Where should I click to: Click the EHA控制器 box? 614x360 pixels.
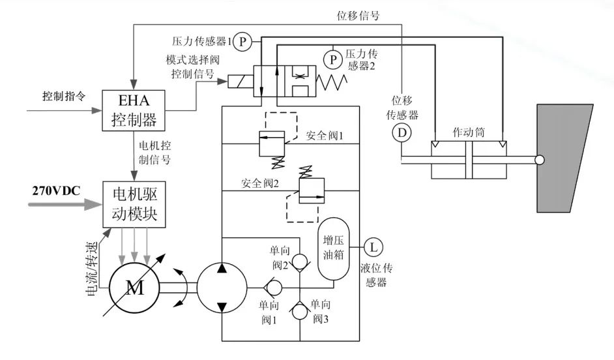click(134, 111)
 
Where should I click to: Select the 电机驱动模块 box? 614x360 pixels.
click(134, 205)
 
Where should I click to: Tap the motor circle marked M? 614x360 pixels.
click(134, 288)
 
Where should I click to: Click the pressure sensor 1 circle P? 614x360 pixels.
click(242, 41)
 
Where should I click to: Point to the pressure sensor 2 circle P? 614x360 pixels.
click(332, 60)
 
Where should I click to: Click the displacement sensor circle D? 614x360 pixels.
click(402, 133)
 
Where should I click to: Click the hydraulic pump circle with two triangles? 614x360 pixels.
click(222, 287)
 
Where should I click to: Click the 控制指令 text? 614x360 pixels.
click(64, 95)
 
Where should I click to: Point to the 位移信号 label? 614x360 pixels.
click(358, 16)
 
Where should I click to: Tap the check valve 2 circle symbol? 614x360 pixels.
click(299, 262)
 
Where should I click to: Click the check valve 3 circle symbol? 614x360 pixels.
click(299, 310)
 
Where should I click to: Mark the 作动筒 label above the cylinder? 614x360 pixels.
click(468, 132)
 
